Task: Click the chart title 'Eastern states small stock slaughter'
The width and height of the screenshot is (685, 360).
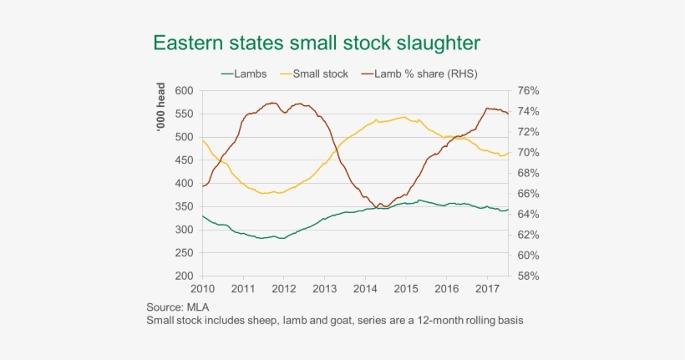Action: click(315, 43)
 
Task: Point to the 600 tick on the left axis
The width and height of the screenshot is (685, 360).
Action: click(184, 90)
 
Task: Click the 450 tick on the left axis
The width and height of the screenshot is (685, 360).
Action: click(184, 160)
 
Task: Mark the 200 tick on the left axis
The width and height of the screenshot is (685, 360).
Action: click(184, 276)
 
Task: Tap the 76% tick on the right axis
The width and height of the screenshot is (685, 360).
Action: click(529, 90)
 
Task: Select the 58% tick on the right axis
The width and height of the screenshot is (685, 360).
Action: click(529, 276)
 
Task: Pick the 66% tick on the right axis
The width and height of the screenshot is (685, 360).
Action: click(529, 194)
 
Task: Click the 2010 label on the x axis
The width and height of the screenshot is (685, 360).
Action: click(202, 289)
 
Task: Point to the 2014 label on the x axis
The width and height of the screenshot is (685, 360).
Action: click(365, 289)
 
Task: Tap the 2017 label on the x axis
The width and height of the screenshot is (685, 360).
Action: click(487, 289)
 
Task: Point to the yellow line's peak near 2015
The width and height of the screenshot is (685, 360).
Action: click(404, 117)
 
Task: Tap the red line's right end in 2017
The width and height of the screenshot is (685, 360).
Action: click(508, 114)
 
